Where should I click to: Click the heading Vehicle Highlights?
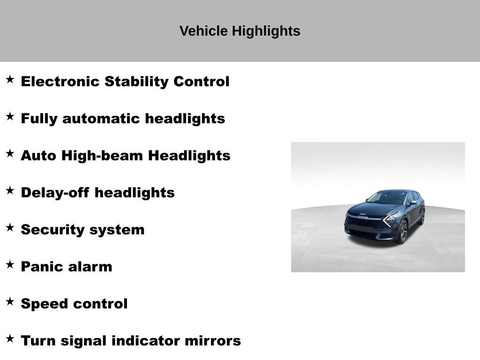point(240,31)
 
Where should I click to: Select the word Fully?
point(39,119)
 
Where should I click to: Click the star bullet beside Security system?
point(10,228)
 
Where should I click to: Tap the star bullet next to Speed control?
point(10,302)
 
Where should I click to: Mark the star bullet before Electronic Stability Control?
point(10,80)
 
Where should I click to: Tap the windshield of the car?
point(387,198)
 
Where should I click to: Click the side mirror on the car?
point(412,203)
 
